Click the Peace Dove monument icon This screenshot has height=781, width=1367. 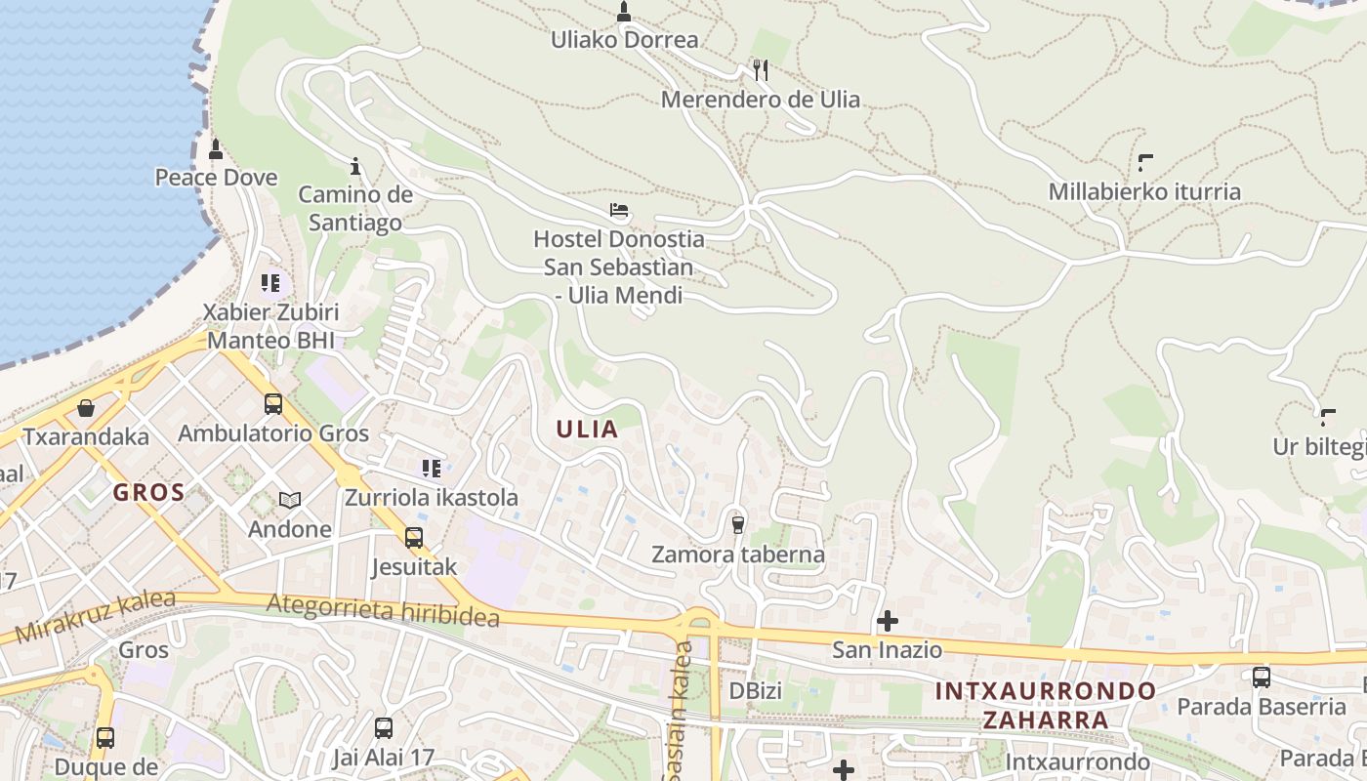216,149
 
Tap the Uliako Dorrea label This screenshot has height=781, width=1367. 625,40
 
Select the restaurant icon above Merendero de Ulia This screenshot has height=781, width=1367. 761,69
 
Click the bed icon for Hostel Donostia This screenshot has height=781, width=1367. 618,209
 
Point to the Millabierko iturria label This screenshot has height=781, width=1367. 1144,191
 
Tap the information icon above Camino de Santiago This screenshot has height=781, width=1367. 355,166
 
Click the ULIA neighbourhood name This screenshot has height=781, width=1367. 587,429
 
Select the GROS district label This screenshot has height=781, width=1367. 148,492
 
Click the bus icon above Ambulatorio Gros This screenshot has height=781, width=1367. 273,403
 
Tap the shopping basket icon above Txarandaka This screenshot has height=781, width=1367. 86,407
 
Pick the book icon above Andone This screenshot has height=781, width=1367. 289,500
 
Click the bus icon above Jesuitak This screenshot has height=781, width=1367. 414,537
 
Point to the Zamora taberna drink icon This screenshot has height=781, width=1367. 738,525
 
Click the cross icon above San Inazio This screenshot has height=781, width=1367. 888,620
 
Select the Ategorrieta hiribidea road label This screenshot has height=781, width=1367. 383,611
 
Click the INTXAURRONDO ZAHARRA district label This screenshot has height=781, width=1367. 1045,706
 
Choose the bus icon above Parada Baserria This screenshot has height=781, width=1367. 1262,677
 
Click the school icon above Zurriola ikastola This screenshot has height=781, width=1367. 431,469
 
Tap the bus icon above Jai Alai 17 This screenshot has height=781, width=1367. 384,727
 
